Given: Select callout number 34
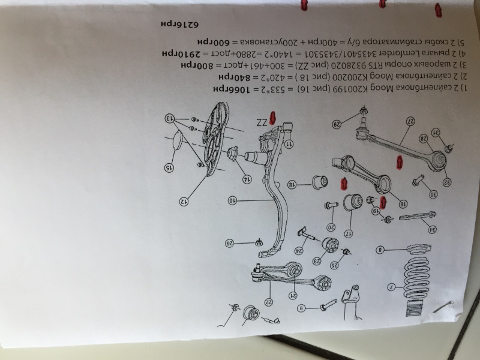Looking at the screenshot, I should (x=413, y=229).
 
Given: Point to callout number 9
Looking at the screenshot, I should (x=304, y=307).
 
